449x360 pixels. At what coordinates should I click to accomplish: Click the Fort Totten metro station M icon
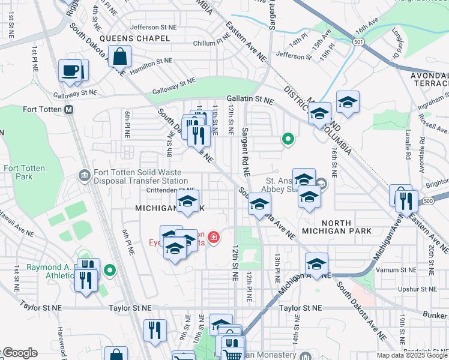[68, 110]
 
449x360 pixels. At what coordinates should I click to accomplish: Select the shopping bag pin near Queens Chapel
[120, 58]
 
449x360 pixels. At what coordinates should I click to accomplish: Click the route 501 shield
[358, 41]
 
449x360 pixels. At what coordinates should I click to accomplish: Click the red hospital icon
[213, 238]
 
